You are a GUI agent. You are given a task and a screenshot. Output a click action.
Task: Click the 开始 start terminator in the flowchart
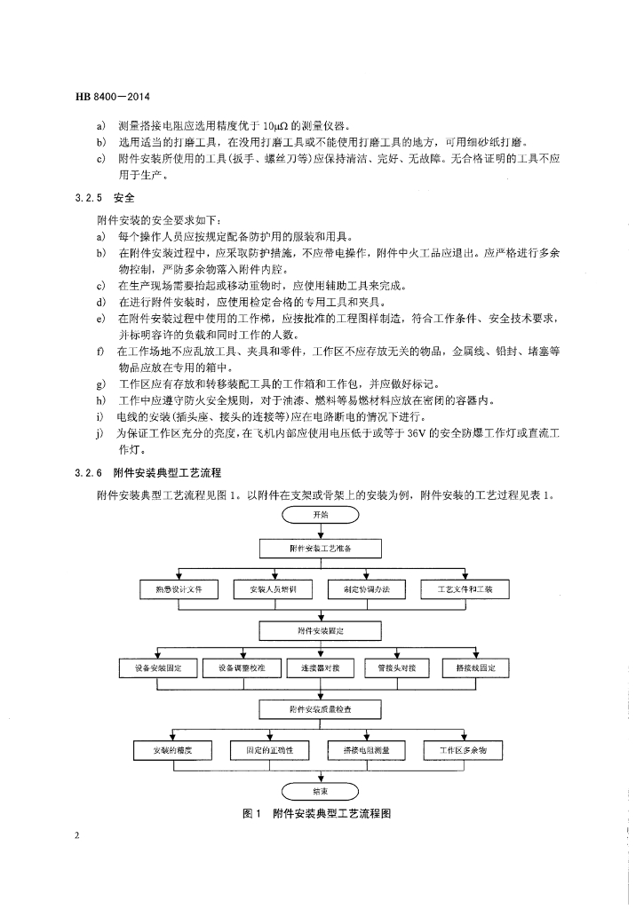tap(320, 514)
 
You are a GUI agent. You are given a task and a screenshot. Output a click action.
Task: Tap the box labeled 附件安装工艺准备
tap(320, 549)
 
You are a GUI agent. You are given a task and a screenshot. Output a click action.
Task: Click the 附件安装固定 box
tap(320, 629)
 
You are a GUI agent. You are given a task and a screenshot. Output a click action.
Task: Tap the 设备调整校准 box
tap(239, 668)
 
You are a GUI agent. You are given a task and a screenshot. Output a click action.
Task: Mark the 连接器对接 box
tap(321, 668)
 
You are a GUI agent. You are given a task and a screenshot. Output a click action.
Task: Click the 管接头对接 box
tap(396, 668)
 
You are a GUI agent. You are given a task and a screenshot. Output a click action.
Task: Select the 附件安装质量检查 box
tap(320, 709)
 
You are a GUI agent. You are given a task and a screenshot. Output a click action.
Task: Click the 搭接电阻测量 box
tap(366, 751)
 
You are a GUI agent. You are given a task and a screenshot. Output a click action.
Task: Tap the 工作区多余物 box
tap(464, 751)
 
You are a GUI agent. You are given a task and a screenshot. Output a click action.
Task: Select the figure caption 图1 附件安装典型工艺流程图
tap(318, 814)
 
